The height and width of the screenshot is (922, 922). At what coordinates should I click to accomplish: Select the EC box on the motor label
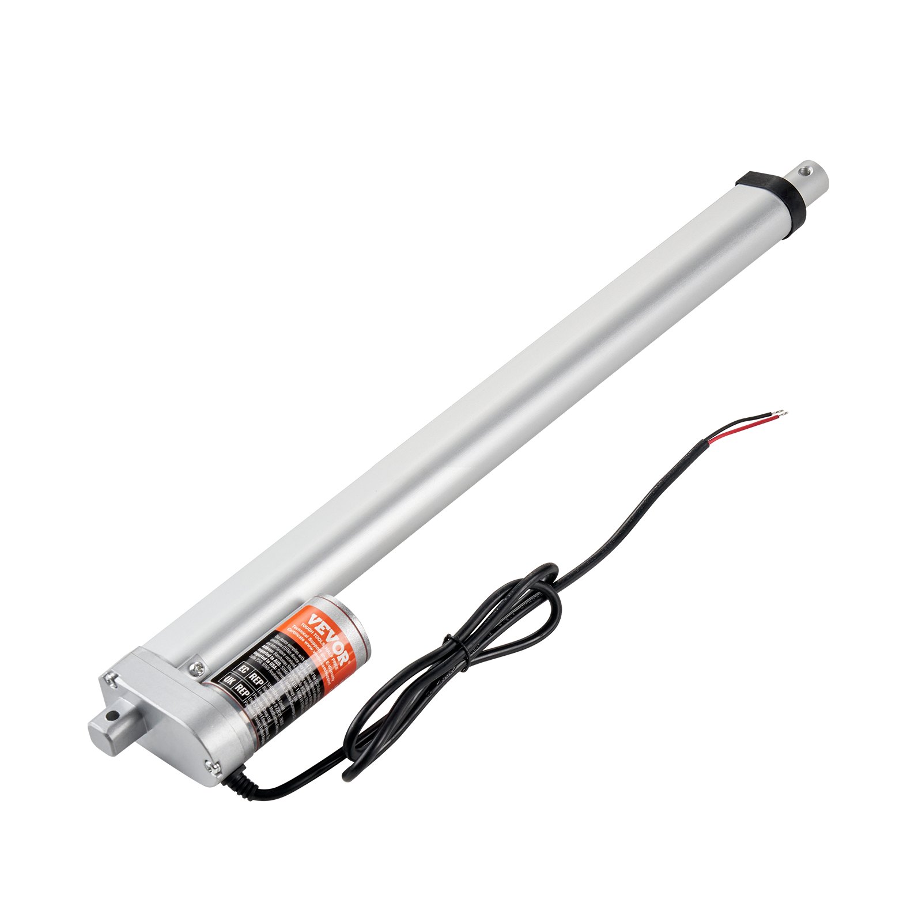[243, 670]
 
